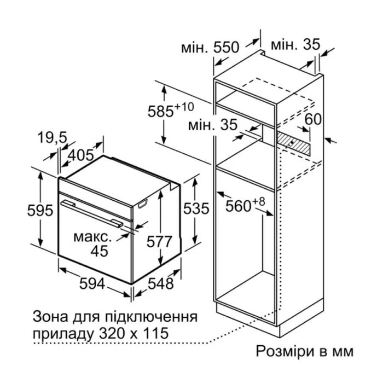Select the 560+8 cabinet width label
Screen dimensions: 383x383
click(245, 207)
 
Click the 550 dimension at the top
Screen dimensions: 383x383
click(226, 48)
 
